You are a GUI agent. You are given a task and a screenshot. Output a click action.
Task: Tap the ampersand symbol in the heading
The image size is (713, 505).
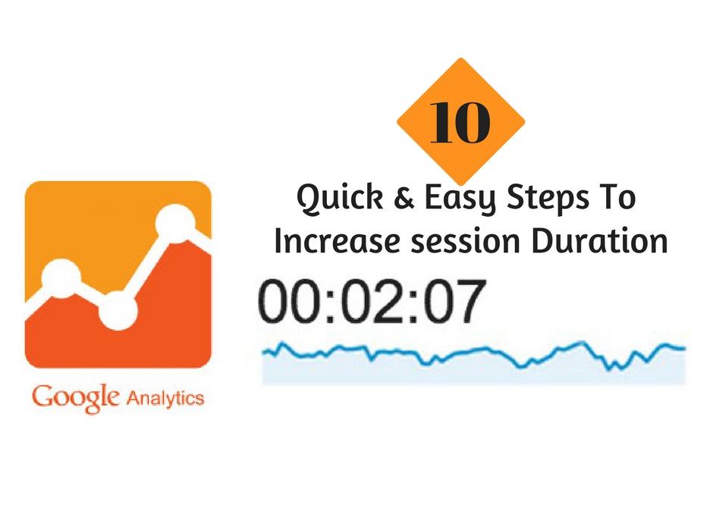click(403, 199)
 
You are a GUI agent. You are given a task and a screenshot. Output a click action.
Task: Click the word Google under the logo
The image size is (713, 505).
click(75, 398)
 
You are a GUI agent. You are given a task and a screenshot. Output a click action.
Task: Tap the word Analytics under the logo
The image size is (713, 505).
click(165, 398)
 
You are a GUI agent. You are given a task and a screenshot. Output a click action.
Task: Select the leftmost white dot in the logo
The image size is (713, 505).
click(61, 278)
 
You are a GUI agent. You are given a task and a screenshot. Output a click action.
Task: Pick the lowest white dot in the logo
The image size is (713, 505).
click(117, 309)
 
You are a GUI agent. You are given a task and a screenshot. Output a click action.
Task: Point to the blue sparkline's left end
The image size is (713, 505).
click(263, 351)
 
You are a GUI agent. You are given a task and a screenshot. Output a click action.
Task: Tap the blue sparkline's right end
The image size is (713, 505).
click(684, 349)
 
